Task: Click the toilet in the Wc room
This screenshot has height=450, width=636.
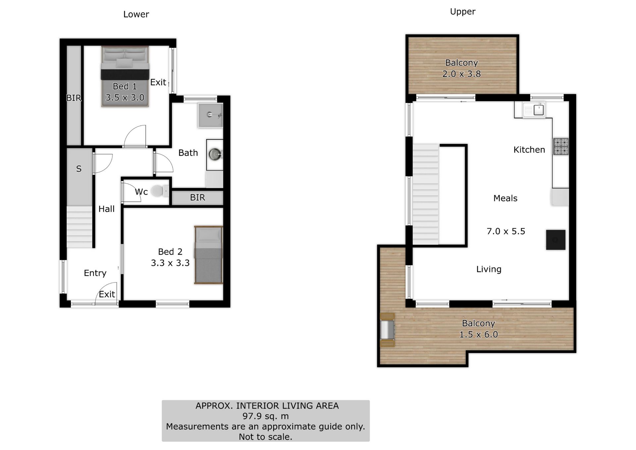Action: [160, 191]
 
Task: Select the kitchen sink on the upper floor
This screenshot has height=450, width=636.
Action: [534, 110]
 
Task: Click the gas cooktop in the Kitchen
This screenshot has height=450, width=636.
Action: [560, 146]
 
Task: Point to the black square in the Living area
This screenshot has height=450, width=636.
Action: [556, 240]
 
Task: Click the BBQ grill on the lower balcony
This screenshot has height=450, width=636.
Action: [387, 330]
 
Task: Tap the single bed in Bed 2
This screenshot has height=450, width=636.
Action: [208, 255]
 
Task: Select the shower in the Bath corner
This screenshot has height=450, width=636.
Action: [210, 115]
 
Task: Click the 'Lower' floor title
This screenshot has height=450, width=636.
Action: [136, 14]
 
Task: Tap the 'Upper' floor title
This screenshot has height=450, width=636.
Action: [462, 12]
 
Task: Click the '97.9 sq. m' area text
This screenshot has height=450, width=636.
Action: [265, 416]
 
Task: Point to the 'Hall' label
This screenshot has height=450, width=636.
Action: [106, 209]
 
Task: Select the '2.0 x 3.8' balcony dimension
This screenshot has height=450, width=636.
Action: [461, 74]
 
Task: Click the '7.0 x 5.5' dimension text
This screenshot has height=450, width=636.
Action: [506, 231]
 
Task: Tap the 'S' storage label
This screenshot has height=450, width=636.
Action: [79, 169]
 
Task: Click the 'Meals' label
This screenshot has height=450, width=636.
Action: [505, 198]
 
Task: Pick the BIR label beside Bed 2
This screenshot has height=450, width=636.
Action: [197, 197]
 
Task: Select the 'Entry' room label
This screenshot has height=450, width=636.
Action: [95, 273]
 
